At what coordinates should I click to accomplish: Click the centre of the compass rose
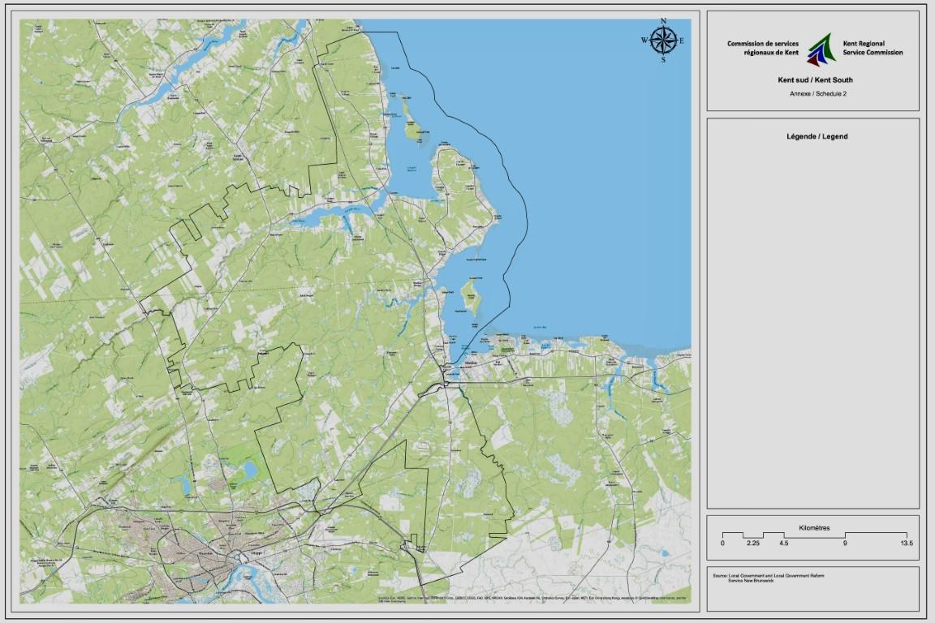pos(663,40)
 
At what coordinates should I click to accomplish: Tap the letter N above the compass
pos(663,21)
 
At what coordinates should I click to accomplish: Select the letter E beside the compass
pos(682,41)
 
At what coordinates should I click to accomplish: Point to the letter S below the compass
pos(663,59)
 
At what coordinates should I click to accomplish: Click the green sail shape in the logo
pos(823,45)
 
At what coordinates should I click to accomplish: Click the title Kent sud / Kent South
pos(814,80)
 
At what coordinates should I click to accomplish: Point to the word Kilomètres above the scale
pos(814,527)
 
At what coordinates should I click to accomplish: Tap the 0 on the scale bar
pos(722,543)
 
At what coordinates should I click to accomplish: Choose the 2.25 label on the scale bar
pos(753,543)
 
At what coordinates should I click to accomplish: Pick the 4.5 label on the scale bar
pos(783,543)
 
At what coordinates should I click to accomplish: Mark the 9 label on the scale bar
pos(845,543)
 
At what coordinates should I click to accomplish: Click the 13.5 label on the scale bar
pos(906,543)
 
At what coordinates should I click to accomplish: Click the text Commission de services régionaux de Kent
pos(763,48)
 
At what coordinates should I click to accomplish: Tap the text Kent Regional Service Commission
pos(873,48)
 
